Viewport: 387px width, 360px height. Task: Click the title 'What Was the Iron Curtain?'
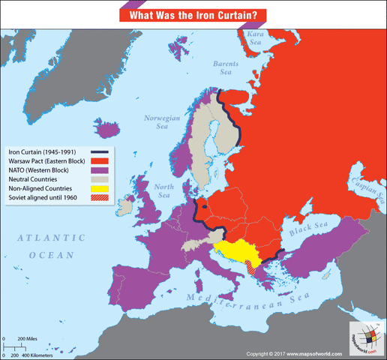tap(193, 15)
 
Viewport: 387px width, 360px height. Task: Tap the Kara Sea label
tap(256, 39)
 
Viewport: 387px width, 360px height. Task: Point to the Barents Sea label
tap(226, 68)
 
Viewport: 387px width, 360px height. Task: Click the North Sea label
tap(162, 190)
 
